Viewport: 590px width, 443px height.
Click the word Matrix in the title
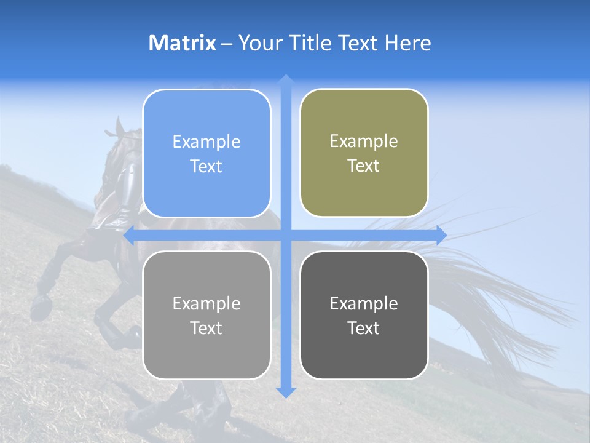point(183,43)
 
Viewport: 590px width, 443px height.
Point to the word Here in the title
point(408,43)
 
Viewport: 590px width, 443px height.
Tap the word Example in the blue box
point(206,142)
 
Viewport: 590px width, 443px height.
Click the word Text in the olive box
point(364,166)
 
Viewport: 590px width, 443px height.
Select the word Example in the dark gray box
point(364,303)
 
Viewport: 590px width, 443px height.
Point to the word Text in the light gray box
point(206,328)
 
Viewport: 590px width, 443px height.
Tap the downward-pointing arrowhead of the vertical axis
point(286,392)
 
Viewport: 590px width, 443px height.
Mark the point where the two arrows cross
point(286,236)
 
